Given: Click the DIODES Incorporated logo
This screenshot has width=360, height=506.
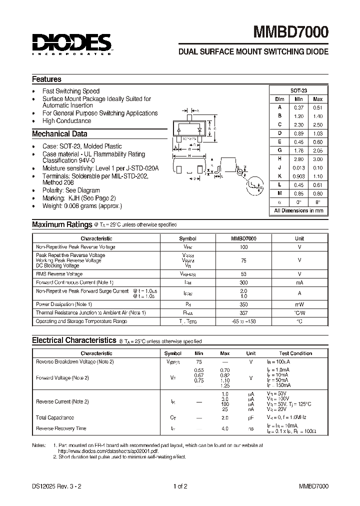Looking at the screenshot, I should coord(72,43).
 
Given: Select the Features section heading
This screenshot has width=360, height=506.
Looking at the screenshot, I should coord(46,79).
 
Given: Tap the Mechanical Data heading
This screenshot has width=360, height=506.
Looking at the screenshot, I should coord(59,134).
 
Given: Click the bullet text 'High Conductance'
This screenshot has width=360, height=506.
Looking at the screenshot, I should coord(66,121).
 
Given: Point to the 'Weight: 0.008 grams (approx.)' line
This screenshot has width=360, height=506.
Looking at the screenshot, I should coord(82,206).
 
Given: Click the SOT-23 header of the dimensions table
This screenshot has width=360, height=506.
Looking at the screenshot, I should coord(298,90).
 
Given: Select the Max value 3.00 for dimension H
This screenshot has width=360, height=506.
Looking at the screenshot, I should coord(317,159).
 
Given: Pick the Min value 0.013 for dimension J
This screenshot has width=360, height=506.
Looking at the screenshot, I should coord(298,167).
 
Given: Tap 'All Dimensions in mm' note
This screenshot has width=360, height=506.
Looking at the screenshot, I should coord(298,211).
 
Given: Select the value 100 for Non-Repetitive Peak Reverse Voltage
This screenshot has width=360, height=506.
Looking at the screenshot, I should coord(243,247).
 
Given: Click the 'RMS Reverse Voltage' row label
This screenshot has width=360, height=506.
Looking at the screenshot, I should coord(59,274).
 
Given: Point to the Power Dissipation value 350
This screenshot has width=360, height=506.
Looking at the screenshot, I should coord(243,304).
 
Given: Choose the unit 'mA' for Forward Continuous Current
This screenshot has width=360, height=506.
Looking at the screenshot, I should coord(299,282).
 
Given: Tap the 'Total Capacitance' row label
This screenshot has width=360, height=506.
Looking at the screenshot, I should coord(55,417).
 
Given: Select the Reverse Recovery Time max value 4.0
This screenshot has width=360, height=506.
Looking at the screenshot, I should coord(225,428).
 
